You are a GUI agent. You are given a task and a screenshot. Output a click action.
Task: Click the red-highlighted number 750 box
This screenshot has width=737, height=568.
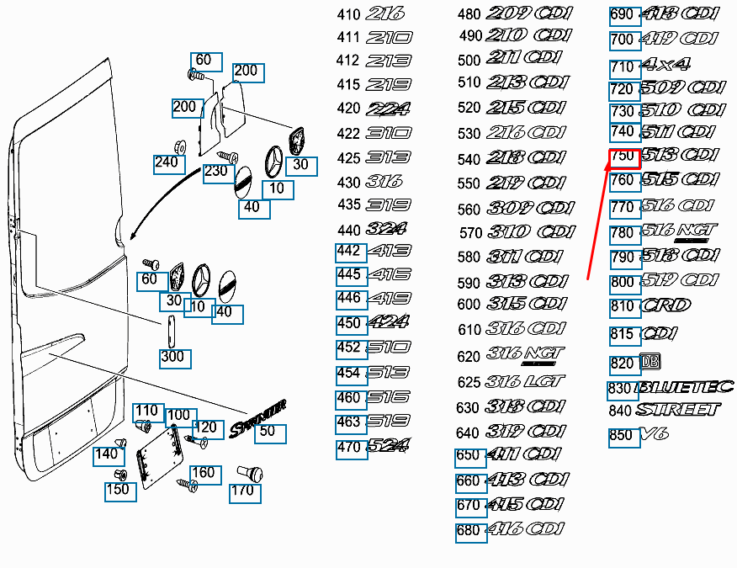(x=623, y=157)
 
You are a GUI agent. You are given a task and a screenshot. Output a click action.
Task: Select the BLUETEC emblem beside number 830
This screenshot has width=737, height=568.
(x=686, y=388)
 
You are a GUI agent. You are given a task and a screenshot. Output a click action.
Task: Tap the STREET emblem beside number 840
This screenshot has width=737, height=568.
(x=678, y=410)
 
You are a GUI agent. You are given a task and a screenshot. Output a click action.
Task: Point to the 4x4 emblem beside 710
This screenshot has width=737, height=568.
(x=665, y=64)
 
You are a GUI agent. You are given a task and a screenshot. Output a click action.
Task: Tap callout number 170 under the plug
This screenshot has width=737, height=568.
(x=241, y=491)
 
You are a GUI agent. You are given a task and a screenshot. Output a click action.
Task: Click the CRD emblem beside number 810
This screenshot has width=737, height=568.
(x=665, y=305)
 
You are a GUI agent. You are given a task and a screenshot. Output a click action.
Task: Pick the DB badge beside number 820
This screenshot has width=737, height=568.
(x=650, y=362)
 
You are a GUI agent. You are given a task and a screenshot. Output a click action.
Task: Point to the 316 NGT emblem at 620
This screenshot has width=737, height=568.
(x=526, y=356)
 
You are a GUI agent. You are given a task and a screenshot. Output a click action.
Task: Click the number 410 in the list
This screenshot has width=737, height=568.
(x=348, y=14)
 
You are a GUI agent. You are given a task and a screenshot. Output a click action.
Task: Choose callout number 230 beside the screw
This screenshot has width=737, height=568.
(x=215, y=171)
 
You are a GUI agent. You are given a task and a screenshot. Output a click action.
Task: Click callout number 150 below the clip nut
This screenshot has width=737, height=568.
(x=119, y=490)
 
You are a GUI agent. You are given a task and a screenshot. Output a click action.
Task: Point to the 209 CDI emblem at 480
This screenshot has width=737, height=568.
(x=529, y=13)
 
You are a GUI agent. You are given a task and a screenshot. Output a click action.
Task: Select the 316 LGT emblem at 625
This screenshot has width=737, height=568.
(x=526, y=382)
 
